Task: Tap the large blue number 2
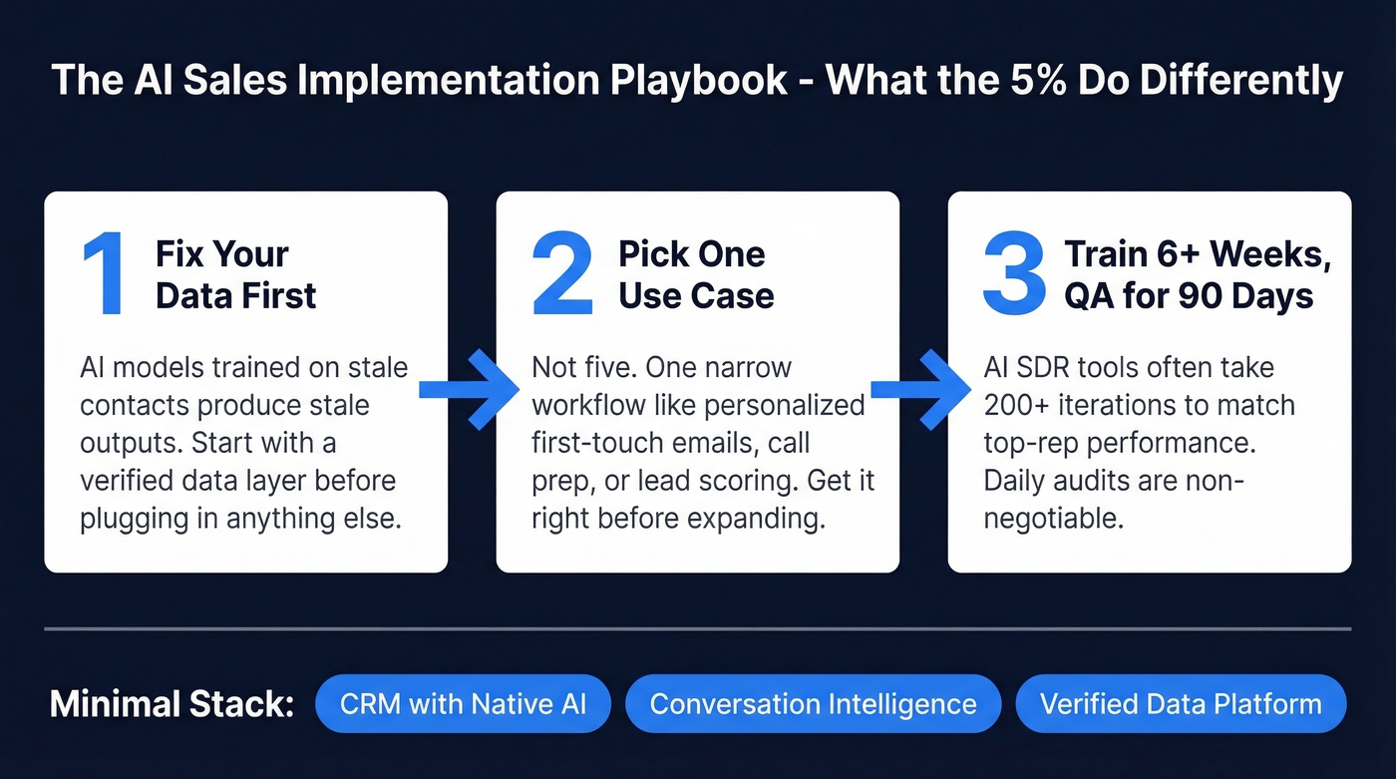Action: click(x=561, y=275)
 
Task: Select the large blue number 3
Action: click(x=1014, y=275)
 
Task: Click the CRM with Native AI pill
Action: click(x=463, y=704)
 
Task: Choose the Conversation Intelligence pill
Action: click(x=813, y=704)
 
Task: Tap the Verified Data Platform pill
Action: click(x=1181, y=704)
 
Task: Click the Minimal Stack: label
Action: click(x=173, y=705)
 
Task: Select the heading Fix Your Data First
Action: click(x=235, y=274)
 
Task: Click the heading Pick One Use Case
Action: click(x=695, y=274)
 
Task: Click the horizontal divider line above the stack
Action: click(x=698, y=629)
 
